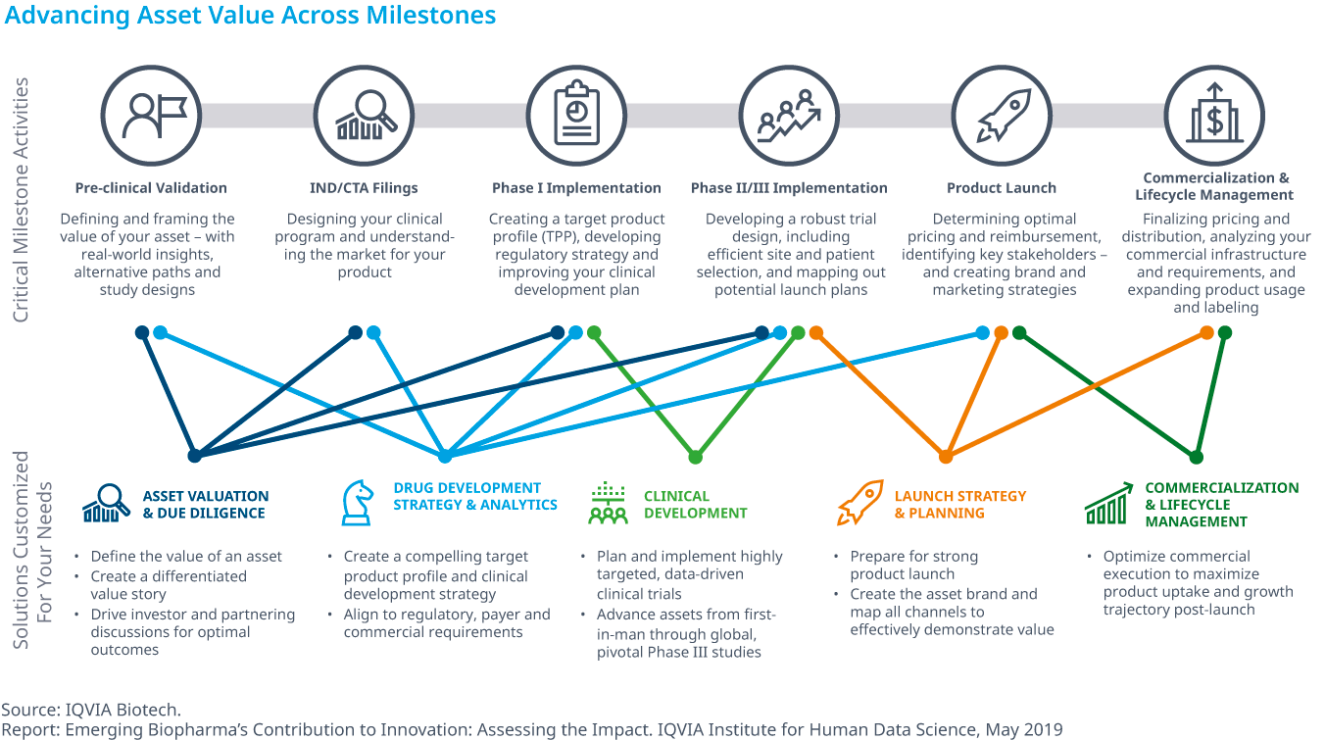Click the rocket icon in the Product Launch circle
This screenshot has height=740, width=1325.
tap(1003, 116)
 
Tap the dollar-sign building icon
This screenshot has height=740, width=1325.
tap(1214, 113)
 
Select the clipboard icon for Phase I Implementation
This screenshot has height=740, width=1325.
tap(576, 114)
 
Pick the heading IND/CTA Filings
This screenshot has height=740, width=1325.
tap(364, 188)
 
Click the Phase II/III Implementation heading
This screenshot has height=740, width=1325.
tap(789, 188)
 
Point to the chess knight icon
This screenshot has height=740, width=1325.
tap(358, 503)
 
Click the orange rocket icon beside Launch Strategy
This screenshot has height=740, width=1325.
tap(860, 502)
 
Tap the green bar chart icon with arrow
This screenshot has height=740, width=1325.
tap(1108, 504)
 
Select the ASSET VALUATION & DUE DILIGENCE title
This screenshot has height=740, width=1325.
tap(205, 505)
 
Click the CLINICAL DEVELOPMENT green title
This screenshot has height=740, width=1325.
tap(695, 505)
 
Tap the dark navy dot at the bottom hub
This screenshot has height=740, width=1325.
tap(195, 456)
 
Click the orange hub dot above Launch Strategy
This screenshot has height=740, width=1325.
tap(946, 457)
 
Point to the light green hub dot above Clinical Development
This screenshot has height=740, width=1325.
tap(696, 457)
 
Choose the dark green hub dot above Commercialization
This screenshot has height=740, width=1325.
tap(1196, 457)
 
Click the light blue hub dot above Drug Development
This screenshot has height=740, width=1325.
tap(445, 456)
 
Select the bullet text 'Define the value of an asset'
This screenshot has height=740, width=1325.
tap(186, 557)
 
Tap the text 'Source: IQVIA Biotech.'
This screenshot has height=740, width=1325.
tap(91, 710)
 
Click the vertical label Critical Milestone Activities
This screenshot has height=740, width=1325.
tap(21, 200)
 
